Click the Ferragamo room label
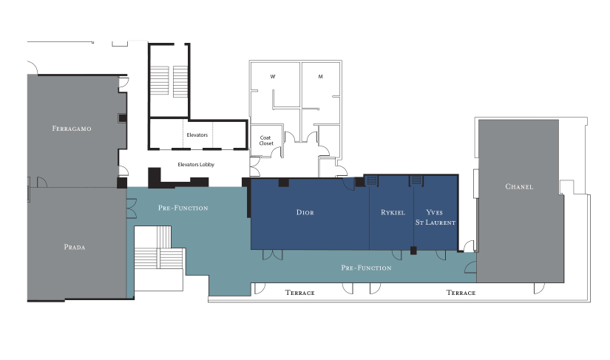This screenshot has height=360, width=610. pos(72,129)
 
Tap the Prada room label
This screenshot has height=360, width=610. pos(74,247)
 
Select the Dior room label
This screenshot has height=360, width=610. pos(305,212)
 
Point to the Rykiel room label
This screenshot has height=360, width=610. pos(393,212)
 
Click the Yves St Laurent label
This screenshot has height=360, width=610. pos(436,217)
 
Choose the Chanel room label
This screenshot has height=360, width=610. pos(519,186)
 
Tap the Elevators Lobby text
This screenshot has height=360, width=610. pos(196,164)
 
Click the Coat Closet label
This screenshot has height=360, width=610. pos(266,140)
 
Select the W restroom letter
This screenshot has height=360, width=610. pos(273,77)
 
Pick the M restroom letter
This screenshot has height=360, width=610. pos(321,77)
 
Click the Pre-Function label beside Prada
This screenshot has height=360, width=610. pos(183,208)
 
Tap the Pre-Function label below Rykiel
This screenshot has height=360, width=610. pos(366,268)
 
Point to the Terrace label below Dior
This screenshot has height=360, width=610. pos(299,293)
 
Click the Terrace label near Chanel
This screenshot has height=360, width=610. pos(461,293)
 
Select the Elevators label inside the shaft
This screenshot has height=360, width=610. pos(197,135)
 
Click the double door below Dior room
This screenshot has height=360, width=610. pos(273,254)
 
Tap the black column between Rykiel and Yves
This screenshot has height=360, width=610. pos(413,251)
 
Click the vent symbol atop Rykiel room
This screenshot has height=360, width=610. pos(372,180)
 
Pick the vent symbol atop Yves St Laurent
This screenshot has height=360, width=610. pos(417,180)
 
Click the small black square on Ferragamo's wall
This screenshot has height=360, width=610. pos(123,118)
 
